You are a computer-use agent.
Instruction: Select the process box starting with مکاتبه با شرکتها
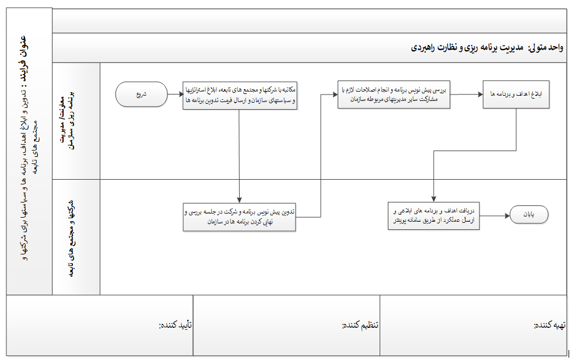[239, 95]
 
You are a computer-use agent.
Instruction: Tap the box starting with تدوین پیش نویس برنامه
[239, 217]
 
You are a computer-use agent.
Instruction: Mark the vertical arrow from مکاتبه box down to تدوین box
[239, 158]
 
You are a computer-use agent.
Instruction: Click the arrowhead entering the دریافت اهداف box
[433, 198]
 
